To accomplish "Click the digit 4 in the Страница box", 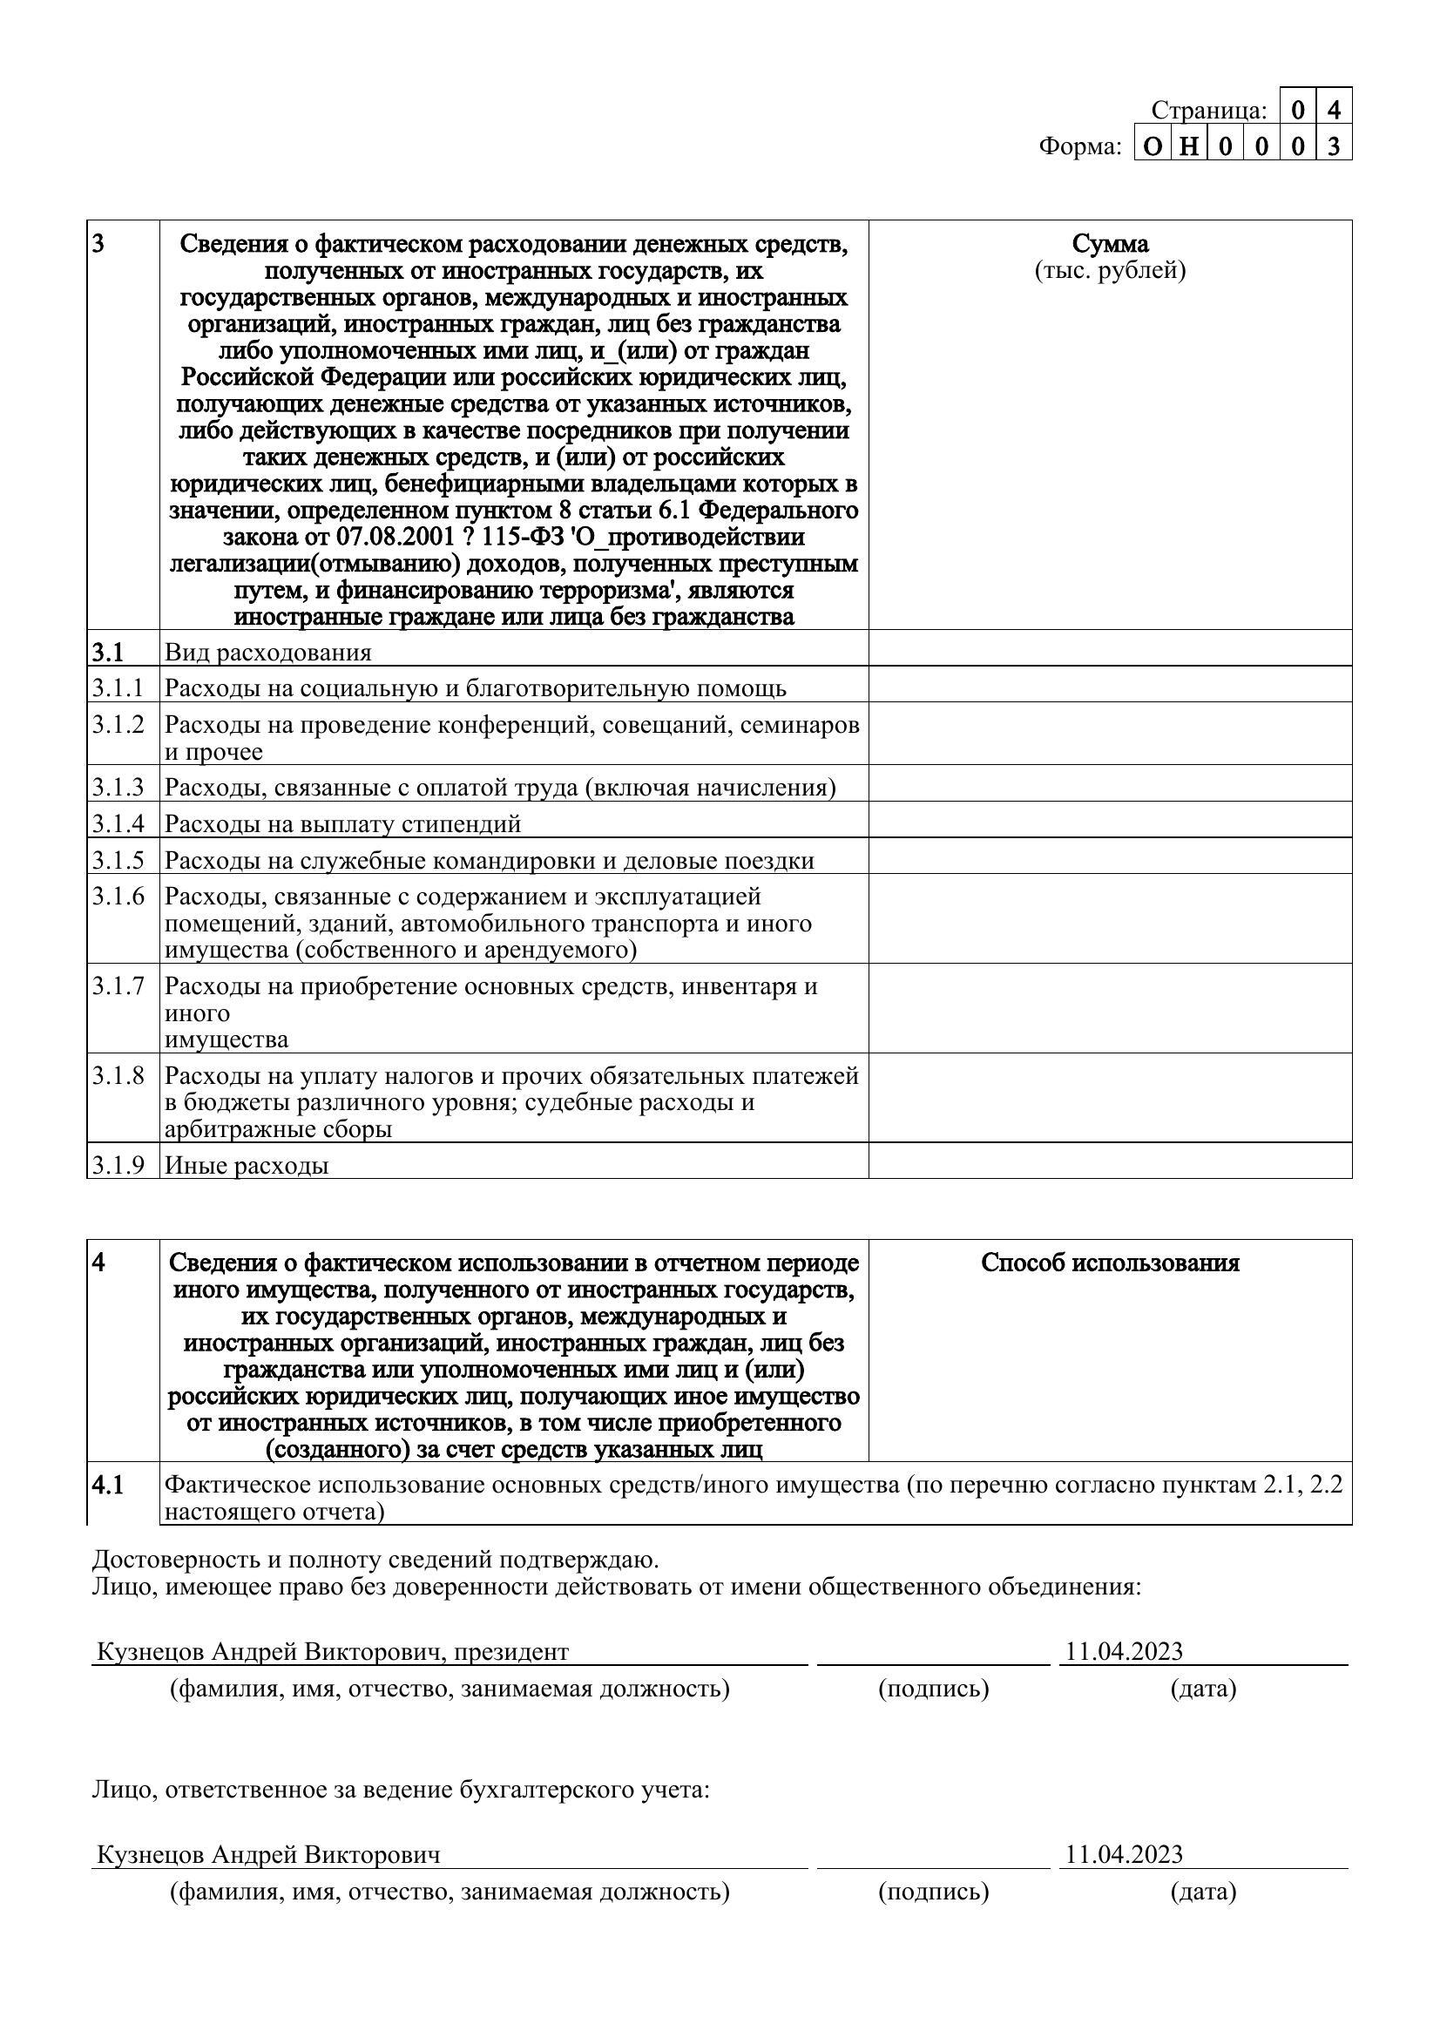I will (x=1334, y=110).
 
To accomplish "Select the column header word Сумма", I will (x=1110, y=243).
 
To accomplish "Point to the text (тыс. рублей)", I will (x=1110, y=270).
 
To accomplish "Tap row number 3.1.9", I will (x=118, y=1165).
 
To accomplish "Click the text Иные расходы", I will (x=247, y=1165).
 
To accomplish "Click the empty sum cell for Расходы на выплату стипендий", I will (x=1110, y=821).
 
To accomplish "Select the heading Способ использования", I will (x=1110, y=1263).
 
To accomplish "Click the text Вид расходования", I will (x=268, y=653).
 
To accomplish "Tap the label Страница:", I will (x=1209, y=110).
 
